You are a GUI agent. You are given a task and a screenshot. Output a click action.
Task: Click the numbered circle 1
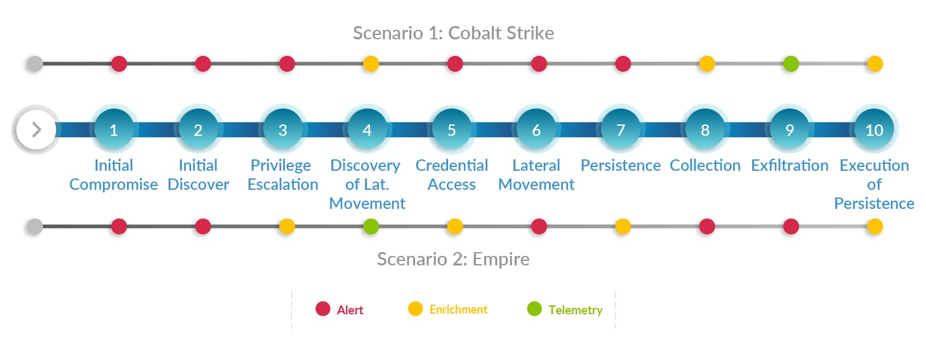click(114, 129)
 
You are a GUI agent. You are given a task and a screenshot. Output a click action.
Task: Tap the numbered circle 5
click(451, 129)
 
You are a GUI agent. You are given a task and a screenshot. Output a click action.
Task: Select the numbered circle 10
click(874, 129)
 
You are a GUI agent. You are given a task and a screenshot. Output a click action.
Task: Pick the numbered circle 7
click(621, 129)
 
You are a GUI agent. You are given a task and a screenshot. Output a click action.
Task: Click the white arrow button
click(36, 130)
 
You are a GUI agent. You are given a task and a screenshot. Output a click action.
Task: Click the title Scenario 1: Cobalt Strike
click(453, 33)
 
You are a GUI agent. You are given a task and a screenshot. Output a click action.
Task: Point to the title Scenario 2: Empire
click(453, 259)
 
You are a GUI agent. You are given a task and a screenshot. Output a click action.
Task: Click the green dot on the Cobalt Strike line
click(791, 63)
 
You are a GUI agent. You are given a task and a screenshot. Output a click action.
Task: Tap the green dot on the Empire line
click(371, 227)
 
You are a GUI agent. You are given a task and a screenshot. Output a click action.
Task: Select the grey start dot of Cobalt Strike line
click(35, 63)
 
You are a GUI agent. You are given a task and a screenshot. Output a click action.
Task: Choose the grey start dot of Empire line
click(35, 227)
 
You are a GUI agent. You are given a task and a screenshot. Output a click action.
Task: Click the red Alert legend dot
click(322, 309)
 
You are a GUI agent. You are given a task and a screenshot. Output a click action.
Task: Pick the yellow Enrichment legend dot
click(415, 309)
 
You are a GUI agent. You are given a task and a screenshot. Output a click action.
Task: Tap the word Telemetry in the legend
click(575, 310)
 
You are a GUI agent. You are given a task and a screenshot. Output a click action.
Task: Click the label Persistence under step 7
click(621, 165)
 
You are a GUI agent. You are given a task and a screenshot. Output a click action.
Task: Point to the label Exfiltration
click(790, 165)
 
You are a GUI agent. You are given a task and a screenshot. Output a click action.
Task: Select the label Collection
click(705, 165)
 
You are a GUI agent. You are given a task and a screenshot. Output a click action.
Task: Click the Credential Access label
click(451, 175)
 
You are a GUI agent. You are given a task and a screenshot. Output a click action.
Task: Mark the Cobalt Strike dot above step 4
click(371, 63)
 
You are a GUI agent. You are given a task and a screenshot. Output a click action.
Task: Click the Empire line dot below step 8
click(707, 227)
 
